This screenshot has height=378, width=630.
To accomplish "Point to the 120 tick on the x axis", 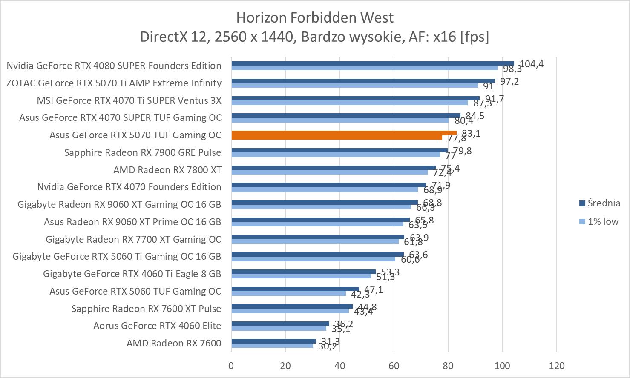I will pos(556,366).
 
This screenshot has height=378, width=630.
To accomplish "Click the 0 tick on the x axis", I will pos(231,366).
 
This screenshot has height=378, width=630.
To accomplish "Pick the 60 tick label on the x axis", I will pos(394,366).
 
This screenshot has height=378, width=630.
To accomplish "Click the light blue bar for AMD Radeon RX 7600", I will pos(272,345).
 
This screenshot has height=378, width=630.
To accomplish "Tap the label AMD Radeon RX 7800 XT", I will pos(167,170).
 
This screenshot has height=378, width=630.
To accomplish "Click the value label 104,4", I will pos(532,64).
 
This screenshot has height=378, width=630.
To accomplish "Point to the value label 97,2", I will pos(509,81).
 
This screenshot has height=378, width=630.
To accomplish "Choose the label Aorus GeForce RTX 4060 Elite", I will pos(157,326).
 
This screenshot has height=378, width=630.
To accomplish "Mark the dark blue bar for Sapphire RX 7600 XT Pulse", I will pos(292,306).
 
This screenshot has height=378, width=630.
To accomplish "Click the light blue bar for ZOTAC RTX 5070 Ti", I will pos(354,85).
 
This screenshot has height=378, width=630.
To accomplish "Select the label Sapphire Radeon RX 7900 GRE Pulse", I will pos(143,152).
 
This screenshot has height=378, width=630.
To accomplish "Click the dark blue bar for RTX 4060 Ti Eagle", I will pos(303,272).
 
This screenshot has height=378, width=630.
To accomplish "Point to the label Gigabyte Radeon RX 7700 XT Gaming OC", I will pos(133,239).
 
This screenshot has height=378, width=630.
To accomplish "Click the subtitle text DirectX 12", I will pos(175,37).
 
